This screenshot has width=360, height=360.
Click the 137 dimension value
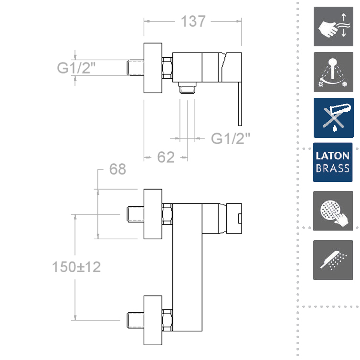click(193, 21)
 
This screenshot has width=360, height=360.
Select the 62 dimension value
click(166, 157)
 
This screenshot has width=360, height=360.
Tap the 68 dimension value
click(117, 169)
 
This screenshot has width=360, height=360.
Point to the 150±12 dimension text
click(76, 267)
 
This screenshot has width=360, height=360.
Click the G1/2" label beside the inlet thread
click(76, 67)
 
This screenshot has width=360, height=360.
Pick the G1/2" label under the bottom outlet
click(230, 138)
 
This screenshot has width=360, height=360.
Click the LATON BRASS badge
click(333, 162)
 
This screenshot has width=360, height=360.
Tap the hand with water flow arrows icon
click(333, 26)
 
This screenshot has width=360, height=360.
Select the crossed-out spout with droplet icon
click(334, 118)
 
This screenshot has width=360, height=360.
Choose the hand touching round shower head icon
click(333, 211)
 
